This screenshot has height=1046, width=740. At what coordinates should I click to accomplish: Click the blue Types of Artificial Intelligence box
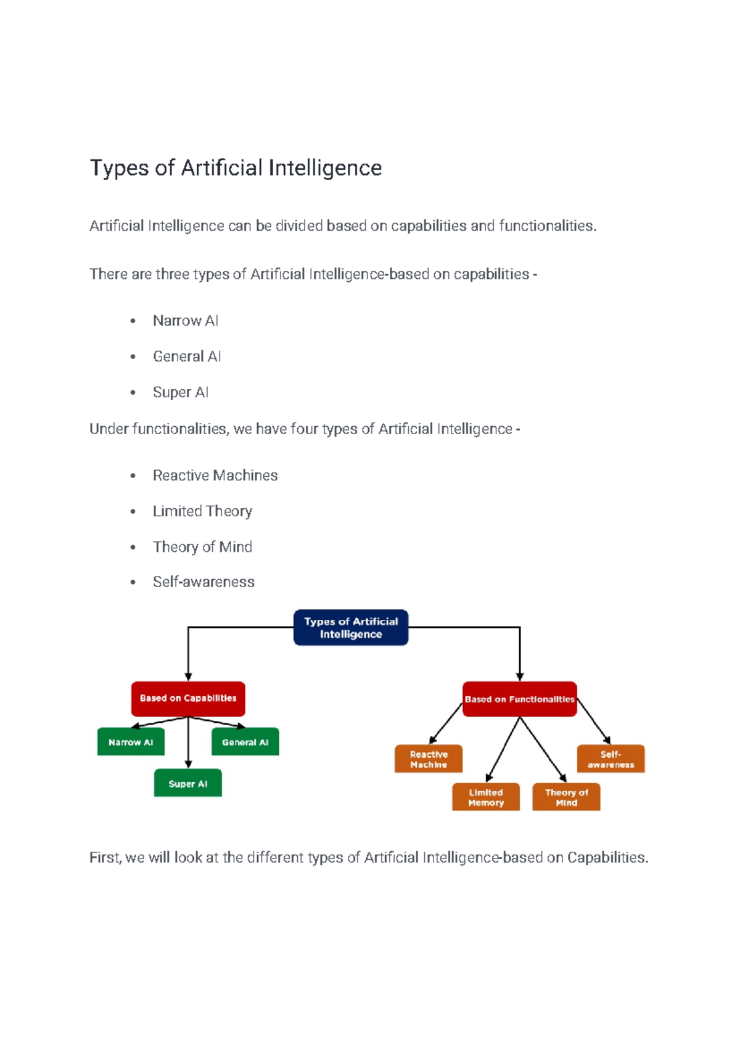pos(350,627)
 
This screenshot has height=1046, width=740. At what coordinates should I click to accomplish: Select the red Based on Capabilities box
pos(188,698)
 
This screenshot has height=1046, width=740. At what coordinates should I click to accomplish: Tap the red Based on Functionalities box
pos(519,699)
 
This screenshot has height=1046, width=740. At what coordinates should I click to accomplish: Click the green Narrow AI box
pos(131,742)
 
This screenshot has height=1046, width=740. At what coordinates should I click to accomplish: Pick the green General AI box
pos(245,742)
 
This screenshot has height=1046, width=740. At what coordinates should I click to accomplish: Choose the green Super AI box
pos(187,783)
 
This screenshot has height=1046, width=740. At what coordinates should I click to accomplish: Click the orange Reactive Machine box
pos(429,759)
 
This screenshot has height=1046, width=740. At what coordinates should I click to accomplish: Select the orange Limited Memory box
pos(485,797)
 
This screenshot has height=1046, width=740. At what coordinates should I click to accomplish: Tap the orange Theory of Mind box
pos(566,797)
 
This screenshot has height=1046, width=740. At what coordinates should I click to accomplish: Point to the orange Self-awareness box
pos(610,759)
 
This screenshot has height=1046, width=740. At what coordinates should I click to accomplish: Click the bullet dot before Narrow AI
pos(133,321)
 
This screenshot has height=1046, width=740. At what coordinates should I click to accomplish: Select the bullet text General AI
pos(187,356)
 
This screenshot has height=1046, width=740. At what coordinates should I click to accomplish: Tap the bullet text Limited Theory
pos(202,511)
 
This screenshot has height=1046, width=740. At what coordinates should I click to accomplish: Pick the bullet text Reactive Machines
pos(215,476)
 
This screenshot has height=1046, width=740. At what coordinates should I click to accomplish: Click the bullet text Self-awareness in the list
pos(203,582)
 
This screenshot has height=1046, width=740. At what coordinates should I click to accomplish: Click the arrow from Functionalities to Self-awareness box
pos(593,721)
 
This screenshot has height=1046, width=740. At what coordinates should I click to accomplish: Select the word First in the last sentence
pos(105,857)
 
